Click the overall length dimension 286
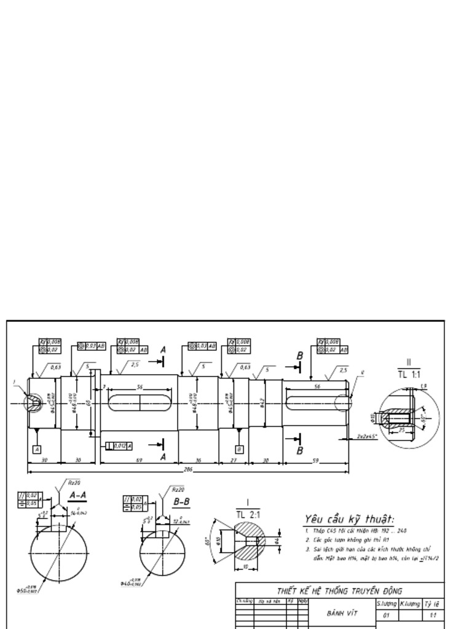(188, 469)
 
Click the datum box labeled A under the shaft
(37, 449)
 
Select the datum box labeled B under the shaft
(238, 449)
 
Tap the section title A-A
(77, 495)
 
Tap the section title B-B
(181, 502)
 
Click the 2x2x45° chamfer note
(368, 437)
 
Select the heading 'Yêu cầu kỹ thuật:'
(349, 518)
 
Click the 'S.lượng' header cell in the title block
(387, 604)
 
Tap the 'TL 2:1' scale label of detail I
(248, 515)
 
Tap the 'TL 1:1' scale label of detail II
(409, 373)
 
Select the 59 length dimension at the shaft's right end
(316, 459)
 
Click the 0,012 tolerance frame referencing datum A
(119, 445)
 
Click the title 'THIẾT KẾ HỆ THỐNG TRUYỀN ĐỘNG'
(339, 591)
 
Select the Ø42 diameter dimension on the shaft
(262, 404)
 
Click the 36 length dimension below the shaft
(199, 459)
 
